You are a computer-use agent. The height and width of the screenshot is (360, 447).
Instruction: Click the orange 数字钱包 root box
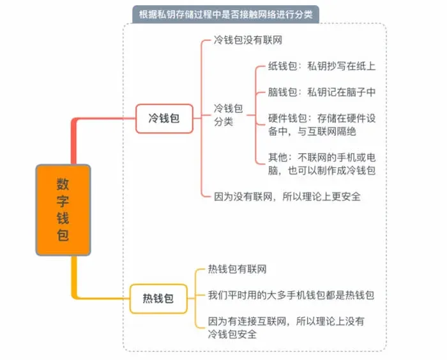[63, 210]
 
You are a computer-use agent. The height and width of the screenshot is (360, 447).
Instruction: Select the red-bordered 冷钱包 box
[164, 119]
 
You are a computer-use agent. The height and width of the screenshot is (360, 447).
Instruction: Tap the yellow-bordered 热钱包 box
[158, 299]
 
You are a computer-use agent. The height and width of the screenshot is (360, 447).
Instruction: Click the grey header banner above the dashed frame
[225, 14]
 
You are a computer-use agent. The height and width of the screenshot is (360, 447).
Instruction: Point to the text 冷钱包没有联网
[248, 40]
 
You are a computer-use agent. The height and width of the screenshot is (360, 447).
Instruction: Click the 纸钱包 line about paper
[322, 66]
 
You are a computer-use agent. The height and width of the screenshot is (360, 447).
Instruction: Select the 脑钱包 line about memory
[322, 92]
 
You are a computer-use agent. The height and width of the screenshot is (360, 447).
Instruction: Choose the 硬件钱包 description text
[322, 125]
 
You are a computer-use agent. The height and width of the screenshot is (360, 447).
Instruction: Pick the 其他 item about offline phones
[322, 164]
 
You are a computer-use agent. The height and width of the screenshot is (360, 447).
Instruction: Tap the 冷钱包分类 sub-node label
[228, 115]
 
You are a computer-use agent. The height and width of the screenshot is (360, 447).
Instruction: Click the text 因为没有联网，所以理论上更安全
[287, 197]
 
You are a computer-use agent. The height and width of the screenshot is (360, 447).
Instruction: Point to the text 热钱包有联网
[237, 269]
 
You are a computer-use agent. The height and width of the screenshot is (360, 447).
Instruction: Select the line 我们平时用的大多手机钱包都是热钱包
[291, 295]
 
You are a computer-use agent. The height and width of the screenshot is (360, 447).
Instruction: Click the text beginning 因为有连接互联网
[286, 327]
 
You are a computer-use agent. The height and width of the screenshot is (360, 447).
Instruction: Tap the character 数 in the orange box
[63, 184]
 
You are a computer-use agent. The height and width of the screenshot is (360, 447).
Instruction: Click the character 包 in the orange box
[63, 235]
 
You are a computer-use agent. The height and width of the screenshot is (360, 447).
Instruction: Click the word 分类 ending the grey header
[303, 14]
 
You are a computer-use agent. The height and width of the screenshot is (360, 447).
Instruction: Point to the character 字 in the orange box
[63, 201]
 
